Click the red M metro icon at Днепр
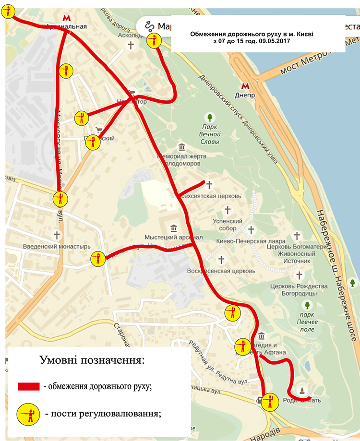pyautogui.click(x=245, y=86)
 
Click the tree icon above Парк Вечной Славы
pyautogui.click(x=209, y=117)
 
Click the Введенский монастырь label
pyautogui.click(x=57, y=247)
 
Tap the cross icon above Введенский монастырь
pyautogui.click(x=57, y=235)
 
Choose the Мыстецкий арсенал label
pyautogui.click(x=173, y=238)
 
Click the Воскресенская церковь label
pyautogui.click(x=221, y=271)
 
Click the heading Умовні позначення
pyautogui.click(x=92, y=360)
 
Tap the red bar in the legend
pyautogui.click(x=28, y=387)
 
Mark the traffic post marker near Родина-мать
pyautogui.click(x=270, y=402)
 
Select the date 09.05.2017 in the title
pyautogui.click(x=273, y=42)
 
